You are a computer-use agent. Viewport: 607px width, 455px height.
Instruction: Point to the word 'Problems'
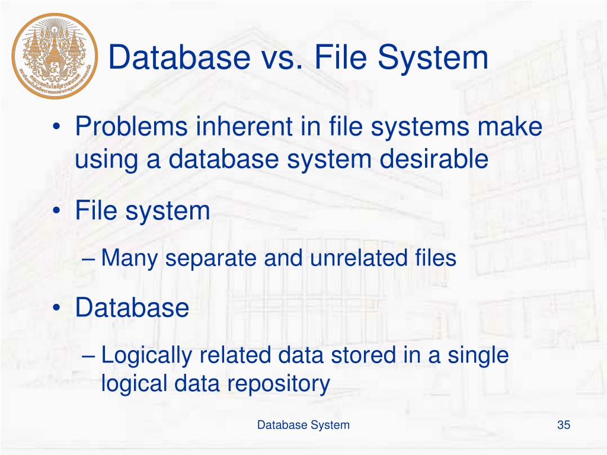123,128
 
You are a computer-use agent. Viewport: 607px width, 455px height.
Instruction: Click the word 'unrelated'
350,258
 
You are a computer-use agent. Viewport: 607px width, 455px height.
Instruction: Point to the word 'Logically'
146,355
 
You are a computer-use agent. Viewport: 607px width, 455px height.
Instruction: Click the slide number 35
563,425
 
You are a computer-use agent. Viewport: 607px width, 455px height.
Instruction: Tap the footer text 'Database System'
303,425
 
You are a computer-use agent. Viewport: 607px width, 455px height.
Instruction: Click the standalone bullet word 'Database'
132,308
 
